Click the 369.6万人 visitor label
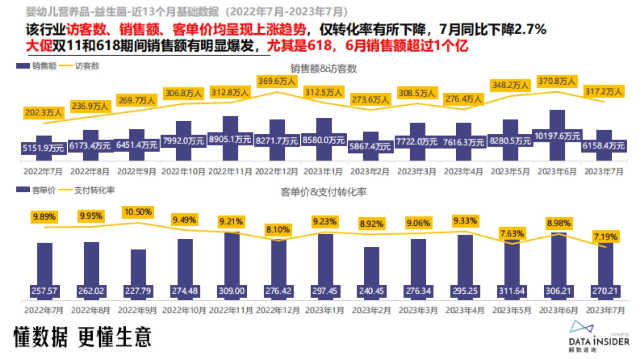(x=277, y=82)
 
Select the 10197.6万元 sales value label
(x=557, y=135)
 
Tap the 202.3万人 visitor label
(x=44, y=113)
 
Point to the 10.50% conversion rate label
(x=138, y=212)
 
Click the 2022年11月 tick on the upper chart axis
(x=230, y=172)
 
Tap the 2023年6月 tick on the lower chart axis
(x=557, y=309)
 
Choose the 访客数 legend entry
(x=80, y=66)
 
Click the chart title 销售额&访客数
(x=323, y=68)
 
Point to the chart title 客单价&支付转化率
(x=323, y=191)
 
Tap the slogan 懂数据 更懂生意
(x=83, y=337)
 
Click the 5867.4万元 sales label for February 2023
(x=371, y=146)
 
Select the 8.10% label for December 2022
(x=277, y=230)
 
